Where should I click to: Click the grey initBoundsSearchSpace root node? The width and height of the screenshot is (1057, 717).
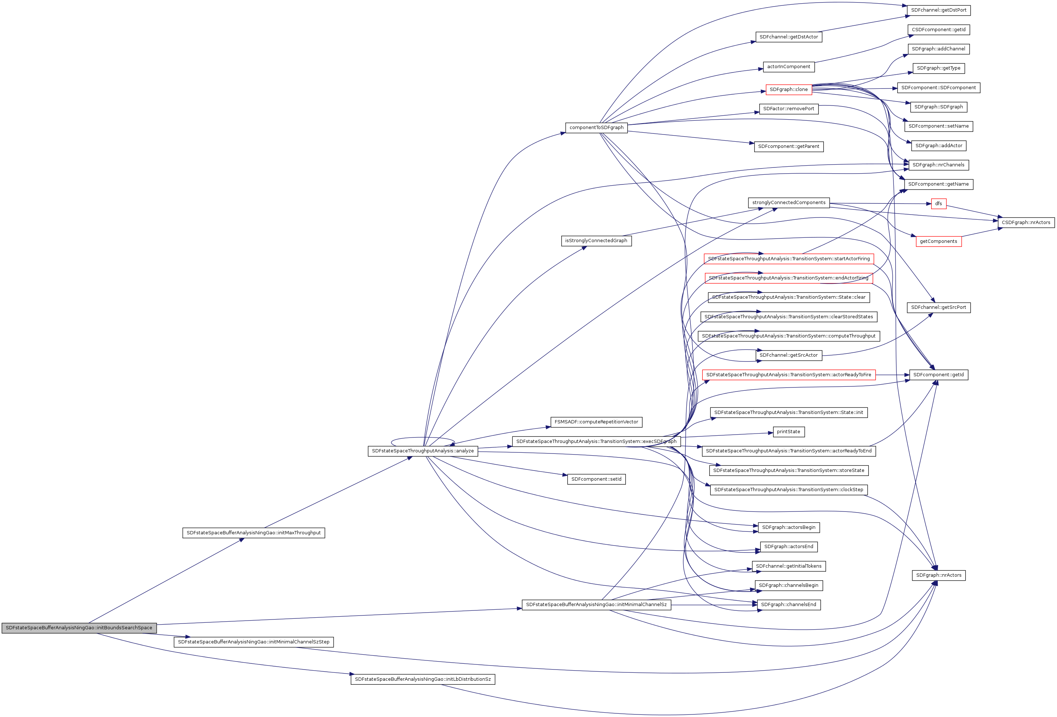click(79, 628)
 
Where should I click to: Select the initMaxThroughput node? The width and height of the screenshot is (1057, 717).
click(253, 533)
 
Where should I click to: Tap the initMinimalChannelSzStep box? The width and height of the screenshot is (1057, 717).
click(253, 642)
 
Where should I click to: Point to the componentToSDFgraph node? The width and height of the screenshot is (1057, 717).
click(596, 128)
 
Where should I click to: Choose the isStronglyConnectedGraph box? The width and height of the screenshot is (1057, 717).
click(596, 241)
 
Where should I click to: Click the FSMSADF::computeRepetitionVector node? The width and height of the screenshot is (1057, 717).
click(596, 422)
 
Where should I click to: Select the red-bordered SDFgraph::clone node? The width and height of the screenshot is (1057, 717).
click(788, 90)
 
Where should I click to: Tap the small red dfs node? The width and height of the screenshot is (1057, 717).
click(938, 204)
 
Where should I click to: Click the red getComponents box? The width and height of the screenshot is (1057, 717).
click(938, 241)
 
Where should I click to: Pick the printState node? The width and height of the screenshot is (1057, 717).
click(788, 432)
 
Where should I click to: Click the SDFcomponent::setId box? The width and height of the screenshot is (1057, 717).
click(596, 479)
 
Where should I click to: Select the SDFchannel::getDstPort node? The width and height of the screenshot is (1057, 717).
click(938, 10)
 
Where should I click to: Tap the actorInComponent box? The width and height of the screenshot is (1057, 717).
click(788, 67)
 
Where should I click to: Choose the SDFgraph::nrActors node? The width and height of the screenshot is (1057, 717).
click(938, 575)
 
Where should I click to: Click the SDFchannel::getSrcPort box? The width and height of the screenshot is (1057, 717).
click(938, 307)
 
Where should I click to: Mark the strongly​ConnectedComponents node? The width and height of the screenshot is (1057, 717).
click(788, 203)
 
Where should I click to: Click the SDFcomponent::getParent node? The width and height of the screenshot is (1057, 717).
click(788, 146)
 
